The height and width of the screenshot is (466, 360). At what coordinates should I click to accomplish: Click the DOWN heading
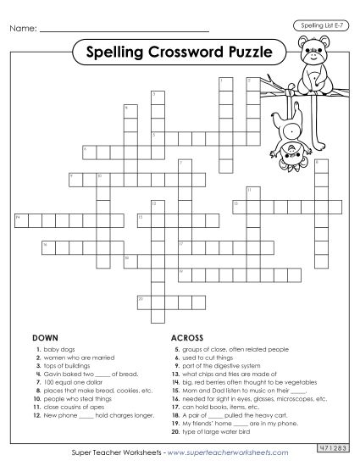(45, 337)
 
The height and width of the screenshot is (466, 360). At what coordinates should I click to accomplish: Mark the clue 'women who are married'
(76, 356)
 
